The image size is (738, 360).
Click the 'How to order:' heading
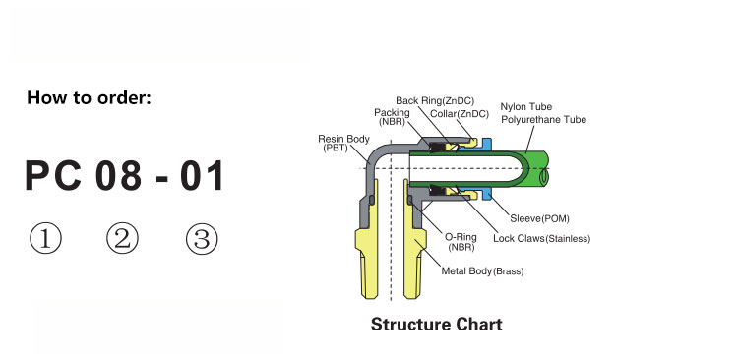(89, 98)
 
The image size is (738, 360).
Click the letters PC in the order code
(53, 176)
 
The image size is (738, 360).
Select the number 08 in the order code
(119, 176)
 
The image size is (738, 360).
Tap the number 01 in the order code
(202, 176)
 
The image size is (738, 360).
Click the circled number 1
(45, 238)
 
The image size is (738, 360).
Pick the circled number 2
(122, 238)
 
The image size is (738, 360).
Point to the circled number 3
(202, 238)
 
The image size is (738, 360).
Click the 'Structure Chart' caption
(436, 325)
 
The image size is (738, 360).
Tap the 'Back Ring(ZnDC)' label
(435, 100)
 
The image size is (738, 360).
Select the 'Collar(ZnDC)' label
(460, 114)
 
